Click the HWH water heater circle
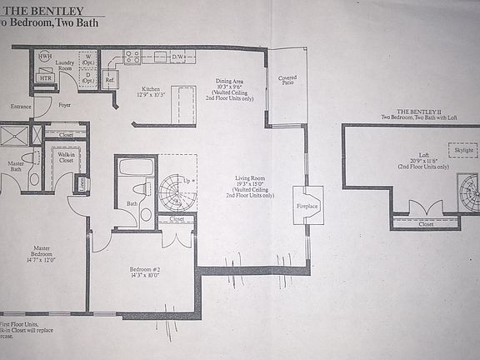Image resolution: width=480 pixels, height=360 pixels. point(44,57)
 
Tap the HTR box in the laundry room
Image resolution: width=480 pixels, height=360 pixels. point(44,77)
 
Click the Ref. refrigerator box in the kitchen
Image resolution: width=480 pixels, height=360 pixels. point(109,79)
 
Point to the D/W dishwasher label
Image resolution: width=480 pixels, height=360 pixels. point(178,57)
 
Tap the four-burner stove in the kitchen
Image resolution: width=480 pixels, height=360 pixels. point(132,57)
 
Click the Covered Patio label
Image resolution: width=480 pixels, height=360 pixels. point(287,80)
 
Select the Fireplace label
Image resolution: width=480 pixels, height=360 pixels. point(307,205)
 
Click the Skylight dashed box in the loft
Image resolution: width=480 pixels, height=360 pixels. point(462,150)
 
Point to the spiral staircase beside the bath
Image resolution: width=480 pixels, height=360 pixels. point(177,193)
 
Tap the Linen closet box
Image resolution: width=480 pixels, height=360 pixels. point(82,183)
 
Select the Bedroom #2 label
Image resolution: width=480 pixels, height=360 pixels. point(143,270)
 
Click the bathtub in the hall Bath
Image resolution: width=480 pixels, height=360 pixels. point(136,167)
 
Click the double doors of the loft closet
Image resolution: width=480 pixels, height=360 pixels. point(425,208)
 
